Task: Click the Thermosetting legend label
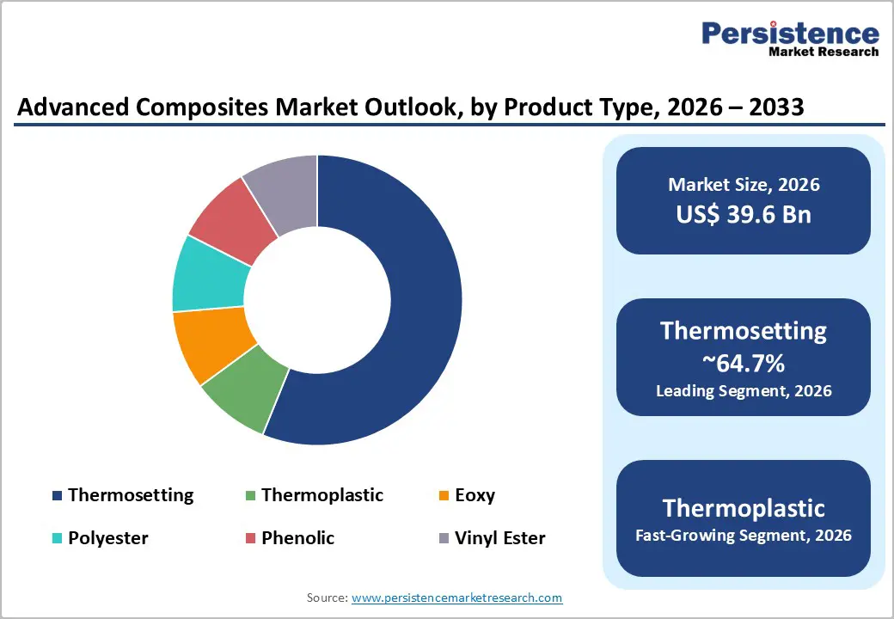tap(131, 495)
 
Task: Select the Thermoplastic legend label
tap(322, 495)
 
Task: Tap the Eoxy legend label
tap(475, 495)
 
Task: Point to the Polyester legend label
tap(108, 538)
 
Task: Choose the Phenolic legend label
tap(297, 538)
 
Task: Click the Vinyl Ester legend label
tap(499, 538)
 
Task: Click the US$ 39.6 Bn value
tap(744, 214)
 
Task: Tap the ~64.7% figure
tap(744, 363)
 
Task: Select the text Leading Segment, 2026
tap(744, 391)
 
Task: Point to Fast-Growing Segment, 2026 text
tap(744, 536)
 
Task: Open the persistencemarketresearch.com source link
tap(456, 598)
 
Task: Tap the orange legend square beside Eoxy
tap(444, 496)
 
